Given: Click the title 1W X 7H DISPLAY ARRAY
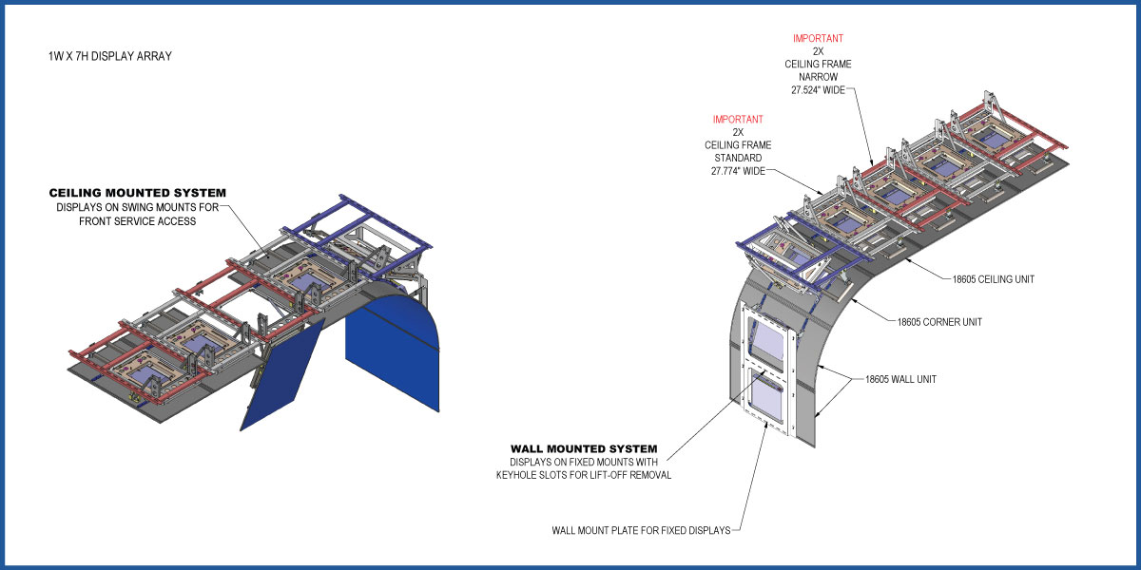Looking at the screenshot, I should [109, 56].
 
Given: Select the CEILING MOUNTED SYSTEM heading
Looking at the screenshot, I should [138, 194].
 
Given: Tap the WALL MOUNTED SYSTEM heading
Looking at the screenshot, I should [584, 448].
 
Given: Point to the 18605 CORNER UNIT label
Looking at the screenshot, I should [939, 322].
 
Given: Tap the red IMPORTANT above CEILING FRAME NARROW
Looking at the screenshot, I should [819, 39].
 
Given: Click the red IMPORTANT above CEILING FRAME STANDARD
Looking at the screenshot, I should [738, 119].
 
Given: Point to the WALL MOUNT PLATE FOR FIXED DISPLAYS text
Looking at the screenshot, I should [641, 530].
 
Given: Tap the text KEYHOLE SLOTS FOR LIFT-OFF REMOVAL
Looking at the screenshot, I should [583, 475].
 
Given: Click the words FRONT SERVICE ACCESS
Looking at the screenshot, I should [139, 221].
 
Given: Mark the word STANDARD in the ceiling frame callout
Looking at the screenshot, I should [738, 158].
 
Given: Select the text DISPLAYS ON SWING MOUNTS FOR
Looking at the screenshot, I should [139, 208].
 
